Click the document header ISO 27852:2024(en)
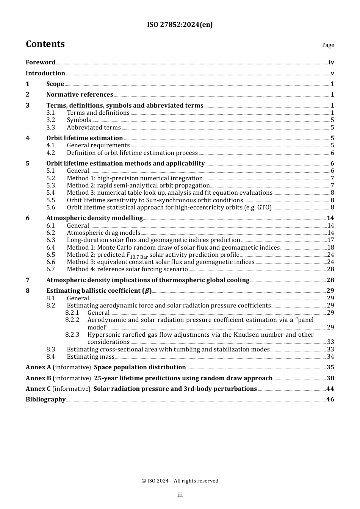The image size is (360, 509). tap(180, 25)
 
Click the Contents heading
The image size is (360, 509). tap(45, 44)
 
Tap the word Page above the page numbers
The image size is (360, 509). tap(328, 45)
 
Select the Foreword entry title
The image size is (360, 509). tap(41, 62)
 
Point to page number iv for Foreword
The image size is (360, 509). tap(331, 62)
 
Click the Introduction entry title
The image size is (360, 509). tap(45, 73)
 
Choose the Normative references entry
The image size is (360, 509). tap(80, 95)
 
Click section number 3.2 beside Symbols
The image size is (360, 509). tap(50, 120)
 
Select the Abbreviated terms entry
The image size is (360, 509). tap(94, 128)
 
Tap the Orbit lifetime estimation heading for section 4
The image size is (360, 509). tap(85, 138)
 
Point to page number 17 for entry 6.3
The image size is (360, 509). tap(330, 240)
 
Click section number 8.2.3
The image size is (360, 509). tap(72, 335)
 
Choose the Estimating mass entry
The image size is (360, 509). tap(91, 357)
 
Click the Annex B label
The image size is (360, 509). tap(38, 378)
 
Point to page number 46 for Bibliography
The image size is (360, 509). tap(330, 400)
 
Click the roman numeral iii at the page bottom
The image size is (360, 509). tap(180, 495)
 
